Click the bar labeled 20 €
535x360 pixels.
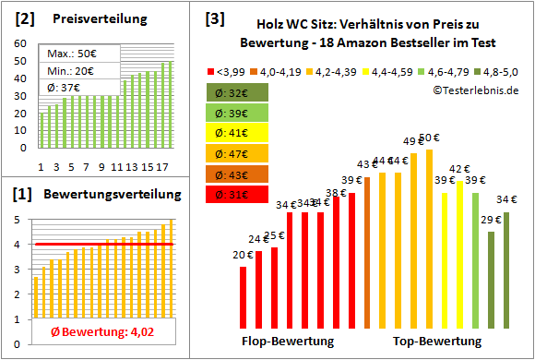pyautogui.click(x=244, y=296)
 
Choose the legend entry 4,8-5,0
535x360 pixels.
pyautogui.click(x=495, y=69)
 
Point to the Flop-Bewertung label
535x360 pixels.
pyautogui.click(x=288, y=342)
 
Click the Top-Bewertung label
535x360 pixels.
pyautogui.click(x=437, y=342)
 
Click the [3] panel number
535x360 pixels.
pyautogui.click(x=214, y=18)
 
